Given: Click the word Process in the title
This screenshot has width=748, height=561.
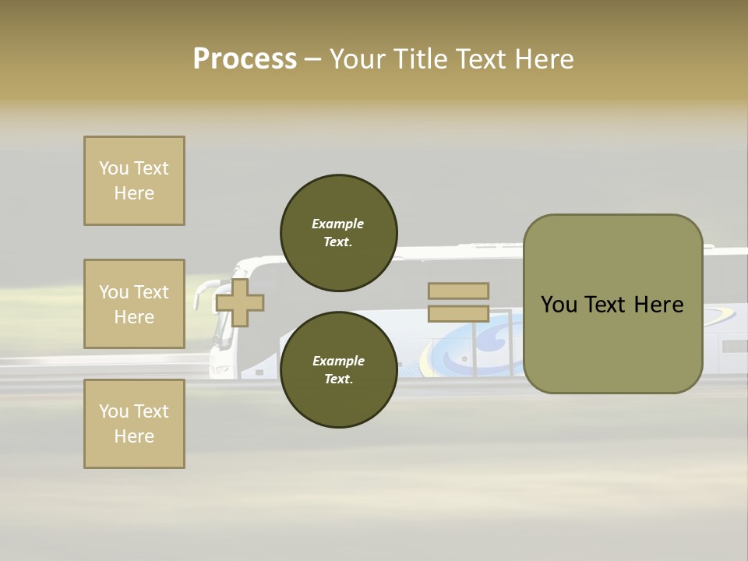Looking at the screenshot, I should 245,59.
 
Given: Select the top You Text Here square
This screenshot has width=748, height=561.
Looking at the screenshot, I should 134,181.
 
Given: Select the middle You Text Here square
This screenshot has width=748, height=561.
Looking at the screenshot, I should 134,304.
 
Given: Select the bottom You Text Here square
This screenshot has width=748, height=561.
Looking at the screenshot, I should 134,424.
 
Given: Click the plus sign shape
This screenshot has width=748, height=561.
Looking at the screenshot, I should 239,302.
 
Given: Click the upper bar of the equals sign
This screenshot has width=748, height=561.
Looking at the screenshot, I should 458,291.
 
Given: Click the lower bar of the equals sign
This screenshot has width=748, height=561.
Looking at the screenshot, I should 458,313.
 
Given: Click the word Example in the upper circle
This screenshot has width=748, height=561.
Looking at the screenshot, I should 338,224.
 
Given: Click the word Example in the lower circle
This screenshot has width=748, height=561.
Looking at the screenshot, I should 338,361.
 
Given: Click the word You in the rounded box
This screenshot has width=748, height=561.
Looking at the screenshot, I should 559,305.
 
